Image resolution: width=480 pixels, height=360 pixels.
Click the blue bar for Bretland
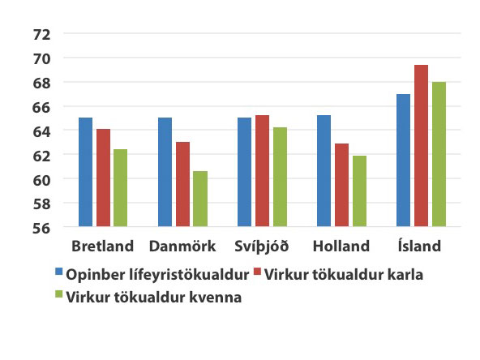click(85, 172)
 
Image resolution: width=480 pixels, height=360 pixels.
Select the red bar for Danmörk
click(182, 184)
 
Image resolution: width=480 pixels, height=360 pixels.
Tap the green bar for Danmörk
click(200, 199)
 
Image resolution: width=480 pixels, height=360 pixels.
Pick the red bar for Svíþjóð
click(263, 171)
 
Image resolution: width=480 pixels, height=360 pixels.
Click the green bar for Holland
click(359, 191)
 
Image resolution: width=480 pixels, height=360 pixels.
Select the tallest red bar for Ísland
click(422, 146)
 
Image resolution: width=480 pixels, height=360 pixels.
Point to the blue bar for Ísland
click(403, 161)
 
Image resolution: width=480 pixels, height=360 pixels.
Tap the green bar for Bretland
click(120, 188)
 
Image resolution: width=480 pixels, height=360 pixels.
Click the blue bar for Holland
click(324, 171)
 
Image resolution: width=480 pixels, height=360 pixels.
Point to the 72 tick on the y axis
click(41, 35)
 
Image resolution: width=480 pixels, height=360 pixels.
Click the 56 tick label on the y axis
click(41, 229)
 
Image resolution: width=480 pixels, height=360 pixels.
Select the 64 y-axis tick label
click(41, 131)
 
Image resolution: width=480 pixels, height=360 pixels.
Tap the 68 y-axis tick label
click(41, 84)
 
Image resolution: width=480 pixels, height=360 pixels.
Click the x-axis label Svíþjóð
click(262, 246)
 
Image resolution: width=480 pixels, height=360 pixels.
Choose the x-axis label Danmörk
click(182, 246)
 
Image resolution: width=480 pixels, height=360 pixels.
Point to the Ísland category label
click(419, 246)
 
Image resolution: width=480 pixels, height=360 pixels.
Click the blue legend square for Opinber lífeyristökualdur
click(58, 272)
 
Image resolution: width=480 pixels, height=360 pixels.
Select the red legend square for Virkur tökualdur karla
click(258, 272)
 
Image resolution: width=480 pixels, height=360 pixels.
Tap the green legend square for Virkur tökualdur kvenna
click(58, 294)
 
